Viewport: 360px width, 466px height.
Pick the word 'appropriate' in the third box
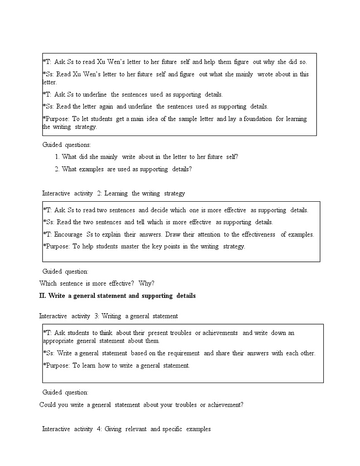[58, 341]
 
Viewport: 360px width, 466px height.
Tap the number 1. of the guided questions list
[57, 157]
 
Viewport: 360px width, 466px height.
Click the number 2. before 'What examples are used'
[57, 169]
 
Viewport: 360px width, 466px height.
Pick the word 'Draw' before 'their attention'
[172, 234]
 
